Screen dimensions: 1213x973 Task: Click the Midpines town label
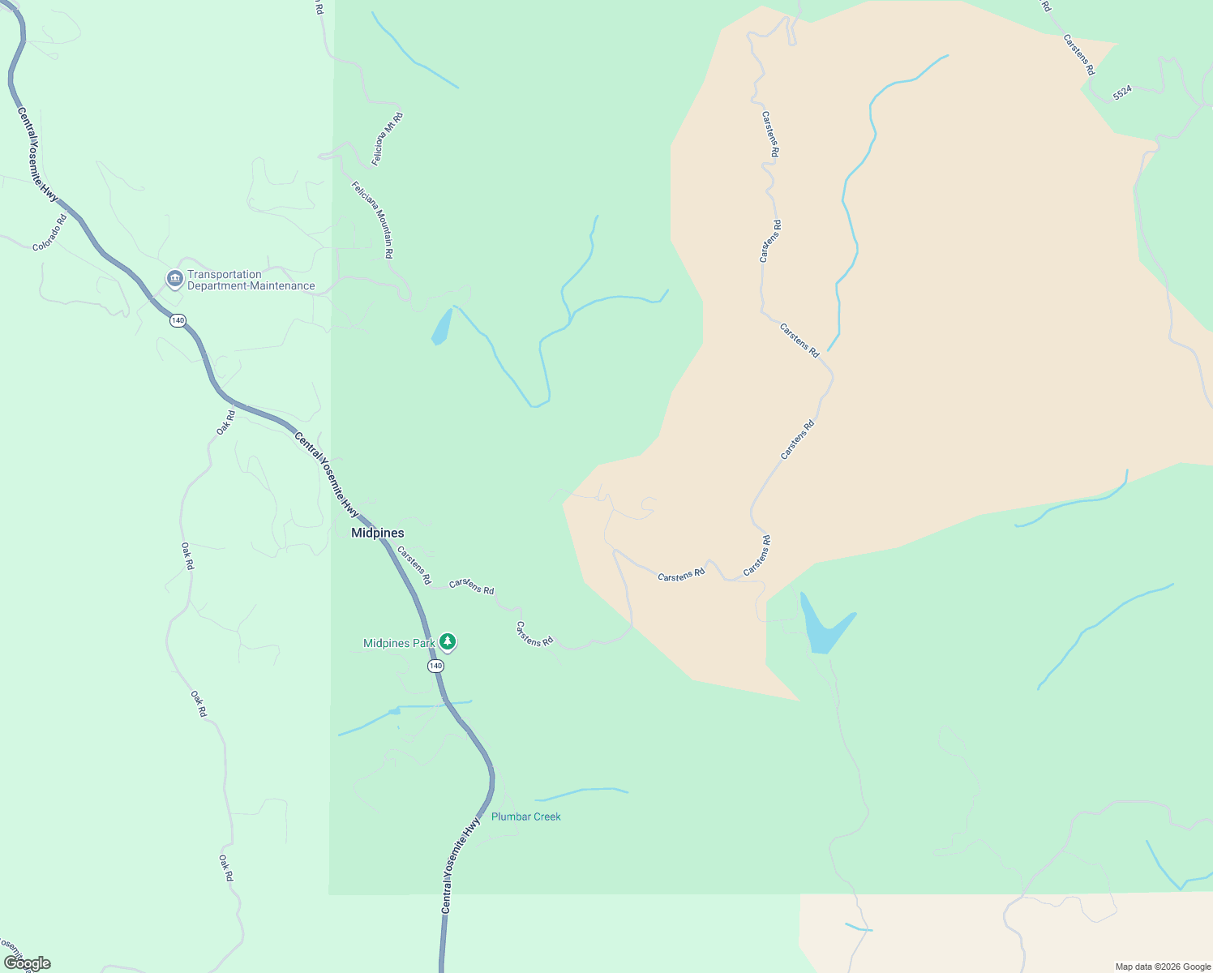(377, 533)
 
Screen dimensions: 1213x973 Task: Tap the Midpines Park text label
(399, 643)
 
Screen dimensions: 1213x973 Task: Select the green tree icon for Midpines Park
(447, 642)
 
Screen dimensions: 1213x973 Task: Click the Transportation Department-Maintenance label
(251, 280)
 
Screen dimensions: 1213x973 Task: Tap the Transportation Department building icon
(174, 279)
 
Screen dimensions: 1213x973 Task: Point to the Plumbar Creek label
(525, 817)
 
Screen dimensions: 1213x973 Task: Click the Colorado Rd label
(49, 233)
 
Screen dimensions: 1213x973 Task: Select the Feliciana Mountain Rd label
(373, 219)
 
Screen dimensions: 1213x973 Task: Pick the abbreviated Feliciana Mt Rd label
(388, 139)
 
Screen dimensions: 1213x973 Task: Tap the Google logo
(27, 963)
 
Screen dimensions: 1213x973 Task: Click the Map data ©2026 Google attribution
(1163, 967)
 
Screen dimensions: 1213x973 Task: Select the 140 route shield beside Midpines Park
(435, 666)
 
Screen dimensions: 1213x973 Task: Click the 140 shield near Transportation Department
(178, 320)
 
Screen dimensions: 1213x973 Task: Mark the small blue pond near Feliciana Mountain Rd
(442, 327)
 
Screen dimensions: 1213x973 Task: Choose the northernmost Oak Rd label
(225, 422)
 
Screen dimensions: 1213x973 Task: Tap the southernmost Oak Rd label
(226, 868)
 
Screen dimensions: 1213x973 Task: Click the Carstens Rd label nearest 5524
(1079, 54)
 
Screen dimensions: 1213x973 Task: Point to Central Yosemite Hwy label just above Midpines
(326, 474)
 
